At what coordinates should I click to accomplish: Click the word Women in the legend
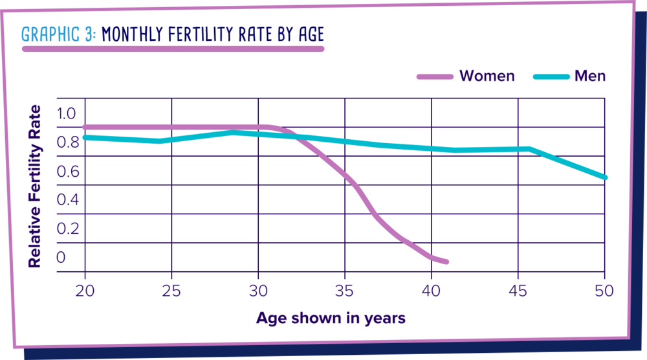pyautogui.click(x=487, y=76)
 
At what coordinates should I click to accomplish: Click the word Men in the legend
pyautogui.click(x=590, y=76)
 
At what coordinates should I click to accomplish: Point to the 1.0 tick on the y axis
pyautogui.click(x=66, y=114)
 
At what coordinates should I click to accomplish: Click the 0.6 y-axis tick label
pyautogui.click(x=66, y=172)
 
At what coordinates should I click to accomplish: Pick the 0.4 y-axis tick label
pyautogui.click(x=66, y=200)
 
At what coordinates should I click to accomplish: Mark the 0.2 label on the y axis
pyautogui.click(x=66, y=229)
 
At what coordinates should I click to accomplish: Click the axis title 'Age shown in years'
pyautogui.click(x=331, y=318)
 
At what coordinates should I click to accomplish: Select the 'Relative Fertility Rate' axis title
pyautogui.click(x=35, y=186)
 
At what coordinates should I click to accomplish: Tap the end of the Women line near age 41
pyautogui.click(x=446, y=262)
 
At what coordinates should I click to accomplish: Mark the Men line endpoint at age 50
pyautogui.click(x=604, y=177)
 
